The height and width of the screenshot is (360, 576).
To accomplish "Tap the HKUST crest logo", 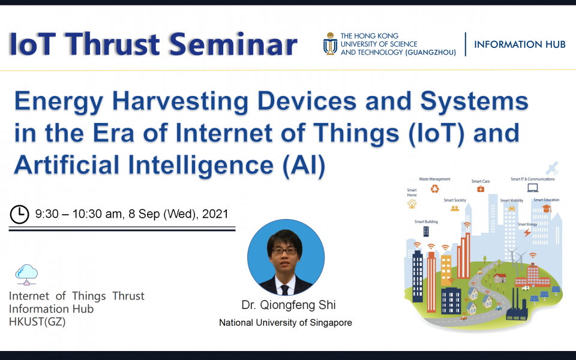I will tap(330, 44).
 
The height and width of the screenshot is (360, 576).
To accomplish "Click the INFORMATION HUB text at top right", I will tap(519, 45).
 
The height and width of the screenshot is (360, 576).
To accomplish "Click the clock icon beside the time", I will tap(20, 213).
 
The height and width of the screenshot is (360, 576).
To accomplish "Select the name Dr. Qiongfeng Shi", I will tap(285, 305).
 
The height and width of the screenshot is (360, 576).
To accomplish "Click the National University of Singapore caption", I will tap(285, 323).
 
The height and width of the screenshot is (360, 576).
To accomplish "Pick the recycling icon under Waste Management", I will tap(434, 189).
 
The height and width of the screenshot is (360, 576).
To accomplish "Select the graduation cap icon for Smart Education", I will tap(546, 208).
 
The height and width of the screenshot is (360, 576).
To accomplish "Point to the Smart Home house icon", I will tap(412, 204).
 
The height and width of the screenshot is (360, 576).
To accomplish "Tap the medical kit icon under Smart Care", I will tap(481, 189).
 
